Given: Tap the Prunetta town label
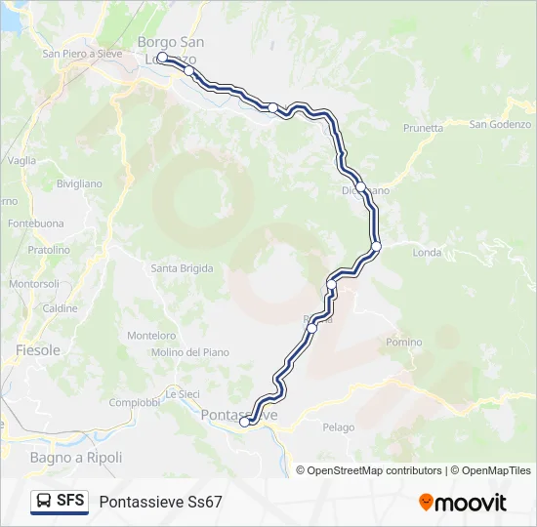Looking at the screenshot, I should tap(423, 128).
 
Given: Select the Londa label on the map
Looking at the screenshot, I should tap(428, 252).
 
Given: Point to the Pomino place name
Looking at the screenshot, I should tap(404, 343).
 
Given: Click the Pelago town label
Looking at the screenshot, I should tap(338, 427).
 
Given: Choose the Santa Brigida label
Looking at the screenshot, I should tap(183, 268).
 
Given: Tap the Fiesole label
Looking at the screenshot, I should tap(38, 350).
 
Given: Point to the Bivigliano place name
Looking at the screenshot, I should tap(79, 183).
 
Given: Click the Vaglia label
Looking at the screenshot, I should tap(21, 161).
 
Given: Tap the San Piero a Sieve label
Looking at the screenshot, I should tap(82, 54).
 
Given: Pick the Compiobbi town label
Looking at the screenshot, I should tap(134, 402).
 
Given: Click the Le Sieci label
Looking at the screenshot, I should tap(182, 394).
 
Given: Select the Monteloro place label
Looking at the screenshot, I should tap(151, 336).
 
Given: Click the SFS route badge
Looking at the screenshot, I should tap(60, 502).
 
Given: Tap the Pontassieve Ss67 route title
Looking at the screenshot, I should tap(160, 502).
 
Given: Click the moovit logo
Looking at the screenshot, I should tap(463, 503).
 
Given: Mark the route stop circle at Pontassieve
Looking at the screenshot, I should tap(244, 422).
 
